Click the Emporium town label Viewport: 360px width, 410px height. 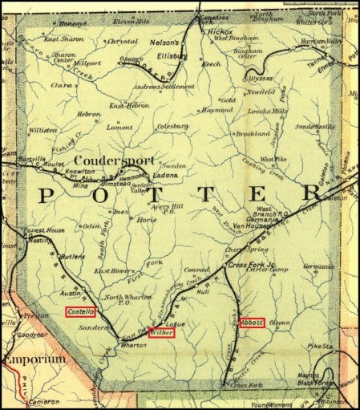(x=33, y=359)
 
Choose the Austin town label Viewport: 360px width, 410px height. (x=72, y=294)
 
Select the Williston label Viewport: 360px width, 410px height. (x=43, y=128)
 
